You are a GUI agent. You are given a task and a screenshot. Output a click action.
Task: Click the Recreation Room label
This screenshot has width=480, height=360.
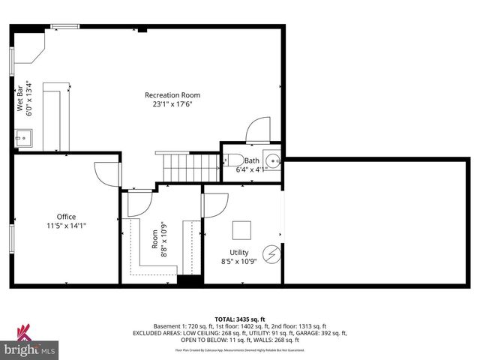172,94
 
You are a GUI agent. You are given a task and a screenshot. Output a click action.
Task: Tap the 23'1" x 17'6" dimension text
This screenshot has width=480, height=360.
172,105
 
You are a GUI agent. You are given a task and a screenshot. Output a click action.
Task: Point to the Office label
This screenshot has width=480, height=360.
67,217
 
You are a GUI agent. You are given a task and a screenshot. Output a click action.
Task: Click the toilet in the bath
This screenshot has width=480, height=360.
232,160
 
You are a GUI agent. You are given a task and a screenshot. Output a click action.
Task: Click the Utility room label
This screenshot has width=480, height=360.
239,253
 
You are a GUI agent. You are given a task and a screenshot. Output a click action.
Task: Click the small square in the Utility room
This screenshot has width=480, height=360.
241,229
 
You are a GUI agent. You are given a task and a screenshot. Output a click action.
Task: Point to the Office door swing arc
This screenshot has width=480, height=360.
105,174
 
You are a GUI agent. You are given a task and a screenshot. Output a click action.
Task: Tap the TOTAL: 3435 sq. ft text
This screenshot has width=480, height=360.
240,319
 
